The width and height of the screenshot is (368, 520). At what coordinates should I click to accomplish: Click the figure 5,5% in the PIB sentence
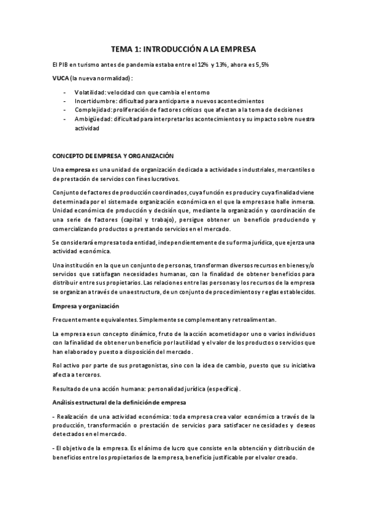260,65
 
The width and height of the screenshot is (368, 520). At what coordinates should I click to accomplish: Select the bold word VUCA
61,78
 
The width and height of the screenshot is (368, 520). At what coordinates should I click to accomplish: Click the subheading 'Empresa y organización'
86,306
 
